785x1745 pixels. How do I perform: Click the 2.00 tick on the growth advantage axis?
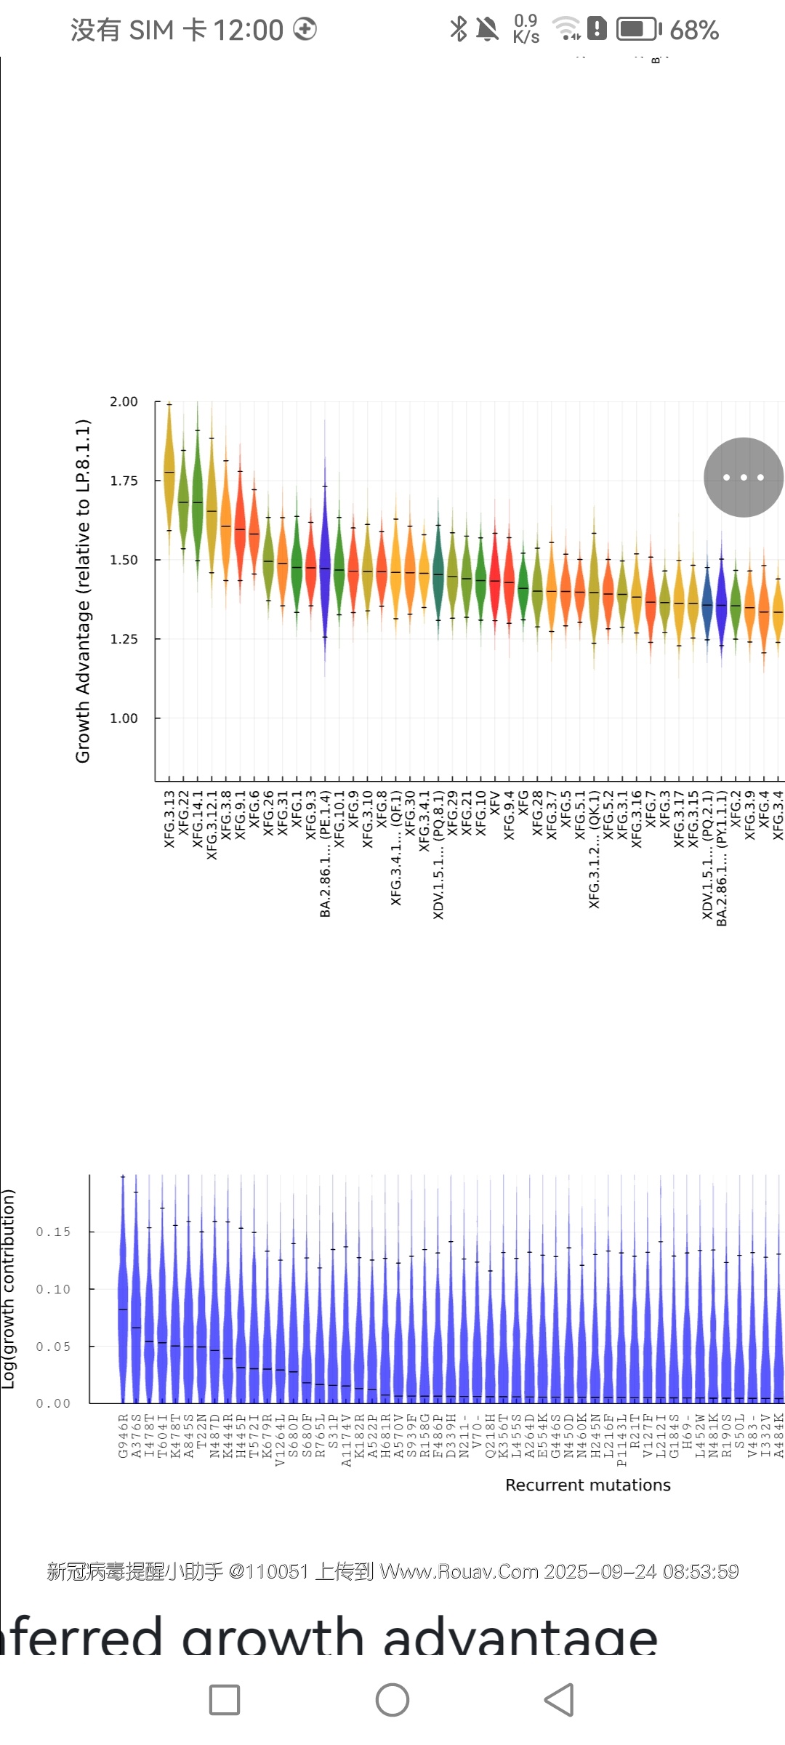124,402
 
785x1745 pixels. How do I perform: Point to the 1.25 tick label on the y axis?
124,639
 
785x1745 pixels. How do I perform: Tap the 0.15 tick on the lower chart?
53,1232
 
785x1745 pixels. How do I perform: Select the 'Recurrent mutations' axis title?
587,1485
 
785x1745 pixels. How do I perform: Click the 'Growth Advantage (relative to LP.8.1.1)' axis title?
83,590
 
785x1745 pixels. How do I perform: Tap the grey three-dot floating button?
743,478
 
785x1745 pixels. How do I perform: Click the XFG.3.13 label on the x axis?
169,819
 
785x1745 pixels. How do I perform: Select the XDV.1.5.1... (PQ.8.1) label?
438,855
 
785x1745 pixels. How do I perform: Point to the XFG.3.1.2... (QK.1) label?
594,849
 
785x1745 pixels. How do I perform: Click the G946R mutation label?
123,1435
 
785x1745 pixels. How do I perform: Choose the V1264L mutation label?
281,1439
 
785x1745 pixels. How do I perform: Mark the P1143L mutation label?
621,1439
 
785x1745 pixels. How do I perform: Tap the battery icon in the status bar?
638,29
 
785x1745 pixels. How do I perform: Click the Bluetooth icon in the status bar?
458,29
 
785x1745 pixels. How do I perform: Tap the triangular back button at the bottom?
559,1699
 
